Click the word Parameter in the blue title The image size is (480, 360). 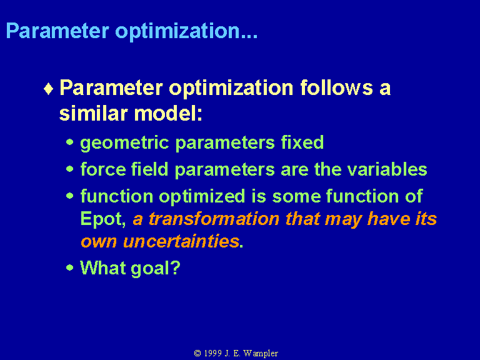click(57, 31)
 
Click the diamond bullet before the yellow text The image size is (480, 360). click(48, 89)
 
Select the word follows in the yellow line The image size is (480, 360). click(336, 88)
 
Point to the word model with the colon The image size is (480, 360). click(168, 113)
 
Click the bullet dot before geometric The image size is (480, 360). click(70, 142)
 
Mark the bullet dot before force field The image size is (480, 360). click(70, 169)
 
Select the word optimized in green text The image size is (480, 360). click(202, 197)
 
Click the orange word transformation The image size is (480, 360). click(214, 219)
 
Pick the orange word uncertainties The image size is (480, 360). click(181, 241)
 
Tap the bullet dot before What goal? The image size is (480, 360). click(70, 267)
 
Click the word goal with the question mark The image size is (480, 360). click(156, 269)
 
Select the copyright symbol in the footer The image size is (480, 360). click(197, 353)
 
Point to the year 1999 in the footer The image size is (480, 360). click(212, 353)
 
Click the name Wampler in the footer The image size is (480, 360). click(261, 354)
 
